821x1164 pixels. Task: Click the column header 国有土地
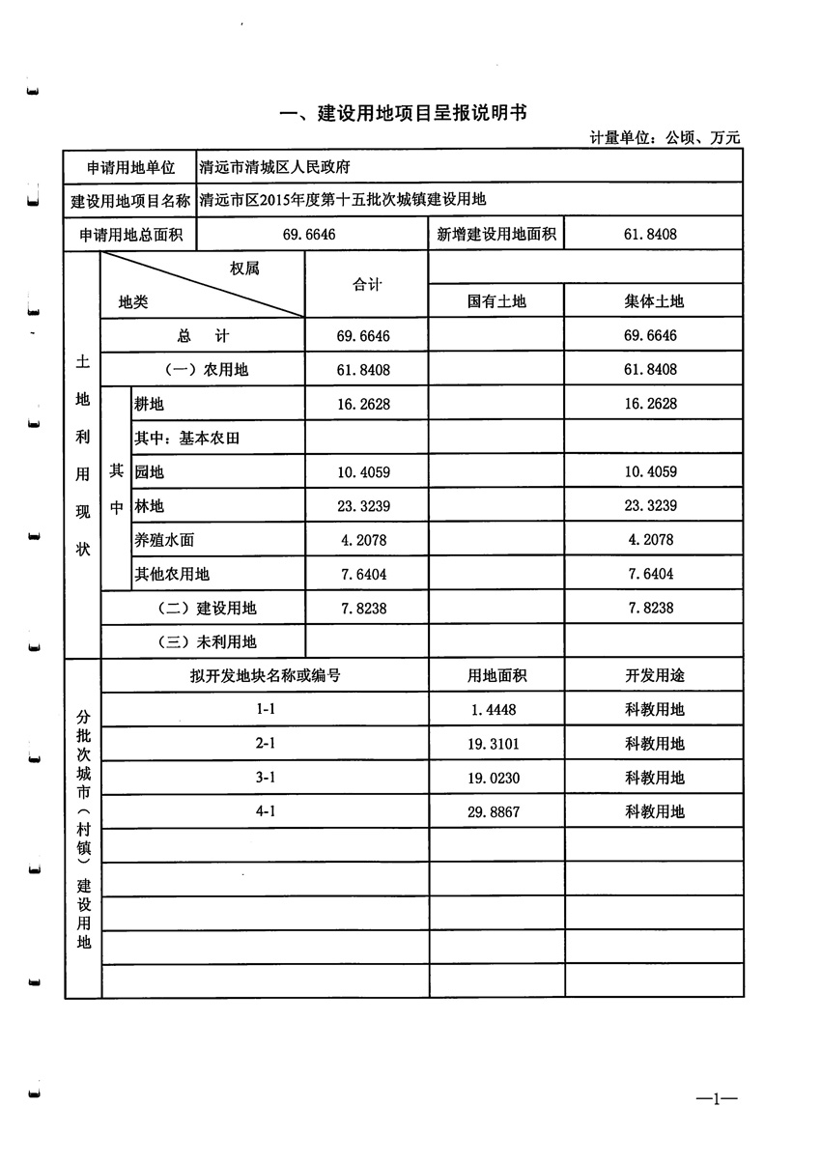tap(496, 301)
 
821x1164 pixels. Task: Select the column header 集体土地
tap(653, 301)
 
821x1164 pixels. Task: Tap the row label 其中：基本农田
tap(186, 438)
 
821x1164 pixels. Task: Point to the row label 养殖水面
tap(164, 540)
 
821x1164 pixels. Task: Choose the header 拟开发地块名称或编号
tap(265, 676)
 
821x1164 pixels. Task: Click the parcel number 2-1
tap(266, 744)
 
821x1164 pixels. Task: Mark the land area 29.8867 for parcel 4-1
tap(495, 812)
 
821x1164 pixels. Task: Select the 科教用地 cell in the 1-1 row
tap(654, 710)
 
